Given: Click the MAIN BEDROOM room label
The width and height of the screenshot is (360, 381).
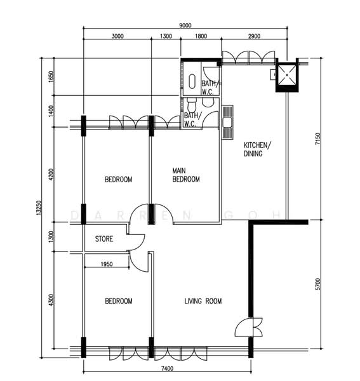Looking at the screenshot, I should point(186,175).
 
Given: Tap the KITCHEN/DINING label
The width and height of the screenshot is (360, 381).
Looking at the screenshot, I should point(257,149).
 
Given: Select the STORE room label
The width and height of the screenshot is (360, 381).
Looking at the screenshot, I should point(104,239).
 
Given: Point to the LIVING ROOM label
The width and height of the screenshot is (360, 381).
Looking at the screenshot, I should point(203,301).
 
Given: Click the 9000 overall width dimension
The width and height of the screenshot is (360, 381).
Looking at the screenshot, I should point(185,25).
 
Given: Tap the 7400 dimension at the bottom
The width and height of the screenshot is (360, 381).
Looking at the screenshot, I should point(167,369).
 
